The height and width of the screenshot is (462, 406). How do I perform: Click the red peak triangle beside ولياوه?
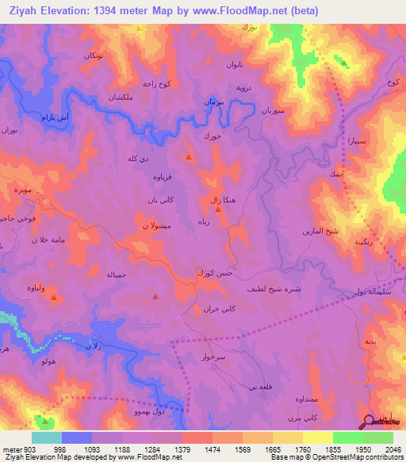point(53,298)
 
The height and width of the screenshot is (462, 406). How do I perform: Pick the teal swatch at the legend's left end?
point(47,437)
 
